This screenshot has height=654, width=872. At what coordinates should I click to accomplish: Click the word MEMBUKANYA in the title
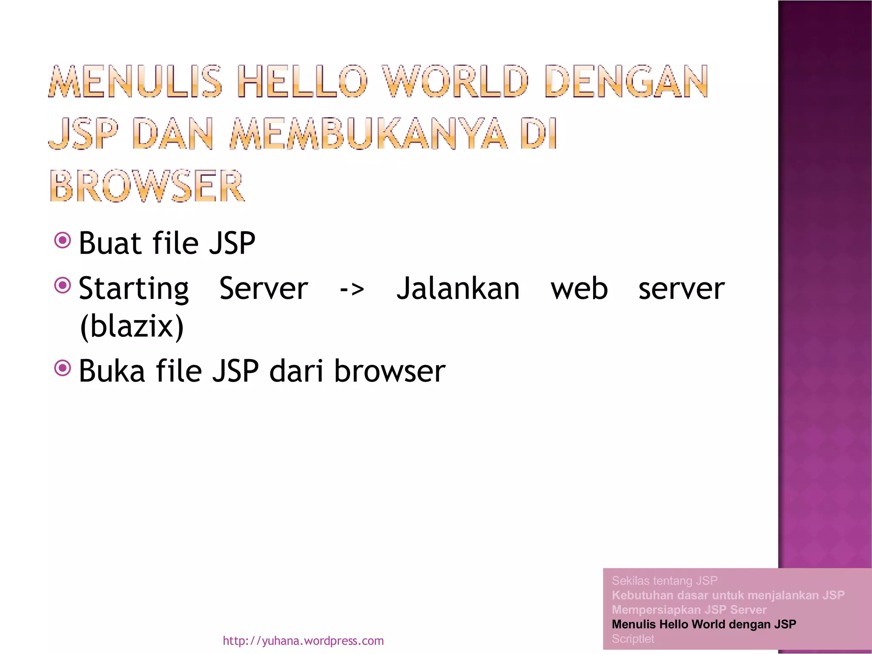click(x=369, y=134)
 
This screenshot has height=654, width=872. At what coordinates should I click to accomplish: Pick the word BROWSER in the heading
click(x=147, y=186)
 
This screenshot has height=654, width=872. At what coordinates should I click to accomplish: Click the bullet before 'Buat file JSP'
click(x=63, y=241)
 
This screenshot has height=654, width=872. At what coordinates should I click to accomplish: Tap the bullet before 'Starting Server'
click(x=63, y=285)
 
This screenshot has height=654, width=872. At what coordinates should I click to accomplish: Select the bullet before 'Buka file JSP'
click(x=63, y=368)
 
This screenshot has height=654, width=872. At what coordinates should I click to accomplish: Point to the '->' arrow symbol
click(x=352, y=289)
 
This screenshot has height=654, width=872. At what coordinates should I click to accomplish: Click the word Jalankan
click(x=458, y=289)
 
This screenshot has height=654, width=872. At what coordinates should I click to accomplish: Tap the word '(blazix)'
click(x=132, y=327)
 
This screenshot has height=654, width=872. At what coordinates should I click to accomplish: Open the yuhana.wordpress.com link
click(x=303, y=641)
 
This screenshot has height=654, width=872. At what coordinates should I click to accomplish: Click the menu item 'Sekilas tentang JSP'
click(x=664, y=581)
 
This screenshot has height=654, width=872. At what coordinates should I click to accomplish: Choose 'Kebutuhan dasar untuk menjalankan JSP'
click(x=728, y=595)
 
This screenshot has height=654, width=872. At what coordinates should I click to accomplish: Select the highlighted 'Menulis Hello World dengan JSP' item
click(x=703, y=624)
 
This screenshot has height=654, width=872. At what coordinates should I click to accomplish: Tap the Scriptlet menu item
click(x=633, y=639)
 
